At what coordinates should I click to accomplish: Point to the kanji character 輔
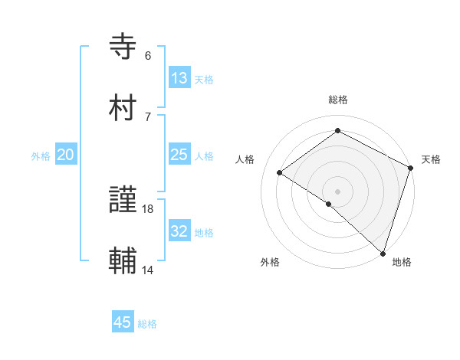(x=125, y=261)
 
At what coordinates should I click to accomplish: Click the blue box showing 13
(x=179, y=78)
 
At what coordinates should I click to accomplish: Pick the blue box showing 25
(x=179, y=155)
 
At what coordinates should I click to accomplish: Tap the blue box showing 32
(x=179, y=231)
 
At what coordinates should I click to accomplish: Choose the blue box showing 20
(x=66, y=155)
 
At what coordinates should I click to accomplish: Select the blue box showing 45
(x=123, y=322)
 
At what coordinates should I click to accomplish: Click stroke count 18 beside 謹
(x=148, y=208)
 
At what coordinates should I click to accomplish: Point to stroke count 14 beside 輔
(x=148, y=270)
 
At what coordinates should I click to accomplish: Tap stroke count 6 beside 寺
(x=148, y=56)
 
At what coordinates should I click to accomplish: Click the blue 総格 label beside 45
(x=147, y=324)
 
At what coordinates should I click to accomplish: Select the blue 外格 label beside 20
(x=41, y=156)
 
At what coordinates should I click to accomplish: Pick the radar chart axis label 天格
(x=431, y=159)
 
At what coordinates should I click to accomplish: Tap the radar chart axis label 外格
(x=270, y=262)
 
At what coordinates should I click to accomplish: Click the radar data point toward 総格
(x=337, y=131)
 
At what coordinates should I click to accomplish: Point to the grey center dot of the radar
(x=337, y=190)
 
